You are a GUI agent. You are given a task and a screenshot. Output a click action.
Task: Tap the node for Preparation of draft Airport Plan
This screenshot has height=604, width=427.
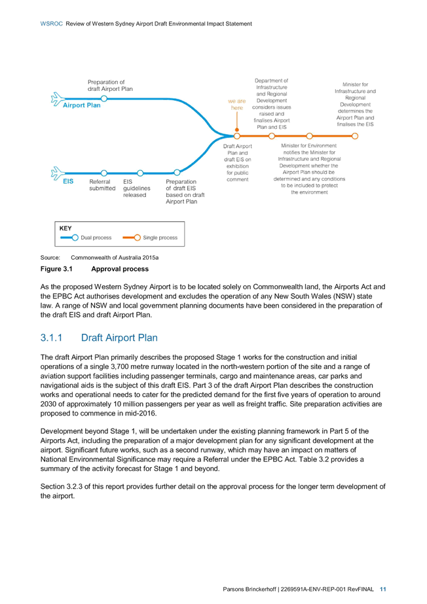104,99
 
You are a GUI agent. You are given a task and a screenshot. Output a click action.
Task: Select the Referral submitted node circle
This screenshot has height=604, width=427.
104,173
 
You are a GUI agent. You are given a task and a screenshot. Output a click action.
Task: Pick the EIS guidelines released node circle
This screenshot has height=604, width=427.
140,173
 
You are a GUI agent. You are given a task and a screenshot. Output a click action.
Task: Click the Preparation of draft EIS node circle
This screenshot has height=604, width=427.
177,172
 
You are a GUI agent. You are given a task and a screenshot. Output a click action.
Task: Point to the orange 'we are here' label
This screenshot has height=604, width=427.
236,105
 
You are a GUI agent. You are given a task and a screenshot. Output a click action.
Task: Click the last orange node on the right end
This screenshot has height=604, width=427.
355,136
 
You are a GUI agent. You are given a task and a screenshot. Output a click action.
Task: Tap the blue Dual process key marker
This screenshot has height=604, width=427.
70,238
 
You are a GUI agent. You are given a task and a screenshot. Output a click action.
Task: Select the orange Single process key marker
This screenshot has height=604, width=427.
132,238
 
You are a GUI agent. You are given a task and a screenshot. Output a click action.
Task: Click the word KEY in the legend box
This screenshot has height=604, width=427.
65,228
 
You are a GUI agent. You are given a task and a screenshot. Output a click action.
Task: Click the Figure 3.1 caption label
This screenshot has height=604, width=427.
56,269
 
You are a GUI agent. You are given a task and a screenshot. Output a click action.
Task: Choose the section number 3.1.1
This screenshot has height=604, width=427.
51,338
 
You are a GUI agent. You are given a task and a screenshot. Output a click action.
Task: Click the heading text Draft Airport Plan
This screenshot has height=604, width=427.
119,338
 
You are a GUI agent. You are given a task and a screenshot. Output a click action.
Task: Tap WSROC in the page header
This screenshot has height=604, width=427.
51,24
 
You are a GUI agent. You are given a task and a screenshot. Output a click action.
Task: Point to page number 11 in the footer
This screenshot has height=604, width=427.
383,589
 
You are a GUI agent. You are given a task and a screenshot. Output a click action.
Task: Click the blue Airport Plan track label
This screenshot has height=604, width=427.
82,105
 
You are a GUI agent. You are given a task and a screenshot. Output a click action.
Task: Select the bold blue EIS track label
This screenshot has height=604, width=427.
68,181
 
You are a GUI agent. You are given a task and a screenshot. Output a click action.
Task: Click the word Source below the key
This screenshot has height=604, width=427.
50,257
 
